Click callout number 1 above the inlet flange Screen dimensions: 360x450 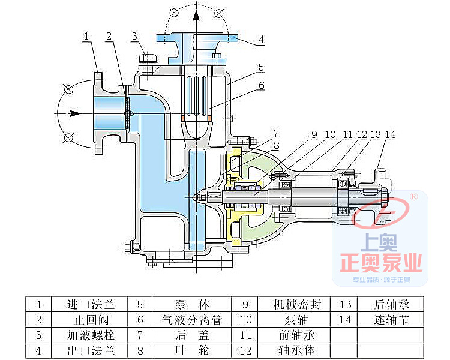point(87,37)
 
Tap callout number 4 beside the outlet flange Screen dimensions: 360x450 point(262,41)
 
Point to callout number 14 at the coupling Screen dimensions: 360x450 point(389,135)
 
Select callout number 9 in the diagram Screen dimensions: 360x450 point(314,135)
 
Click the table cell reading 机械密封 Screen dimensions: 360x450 point(297,304)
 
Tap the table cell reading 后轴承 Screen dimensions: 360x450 point(391,304)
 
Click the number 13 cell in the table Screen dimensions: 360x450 point(344,304)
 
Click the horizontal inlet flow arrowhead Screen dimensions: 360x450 point(76,113)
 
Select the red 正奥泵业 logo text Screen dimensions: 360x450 point(382,262)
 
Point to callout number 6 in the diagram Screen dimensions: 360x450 point(262,85)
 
